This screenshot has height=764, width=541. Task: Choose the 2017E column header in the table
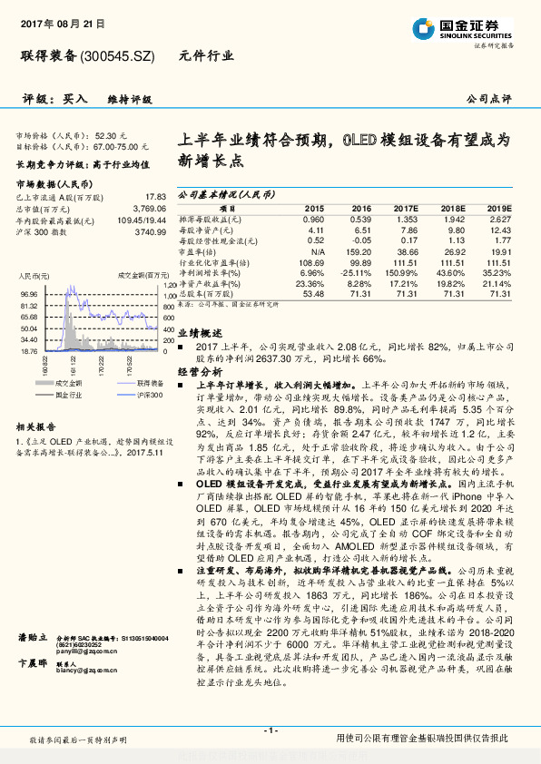(x=404, y=208)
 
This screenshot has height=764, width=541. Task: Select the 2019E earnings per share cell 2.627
(x=499, y=219)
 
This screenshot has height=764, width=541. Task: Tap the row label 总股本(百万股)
(x=208, y=294)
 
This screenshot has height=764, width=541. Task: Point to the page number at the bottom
(x=270, y=730)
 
